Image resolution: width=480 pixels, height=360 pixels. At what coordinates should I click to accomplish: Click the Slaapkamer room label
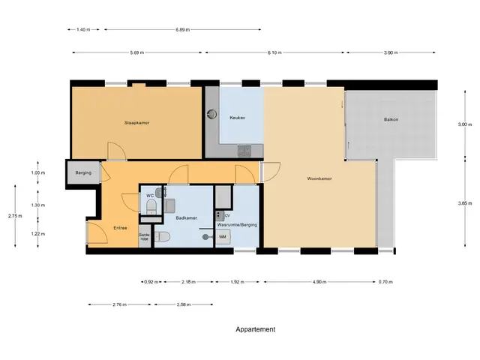[x=136, y=123]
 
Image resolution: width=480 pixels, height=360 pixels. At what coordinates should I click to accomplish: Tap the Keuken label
[x=237, y=118]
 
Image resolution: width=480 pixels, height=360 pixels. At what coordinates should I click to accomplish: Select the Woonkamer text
[x=319, y=178]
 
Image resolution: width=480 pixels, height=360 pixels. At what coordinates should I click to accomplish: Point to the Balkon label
[x=391, y=119]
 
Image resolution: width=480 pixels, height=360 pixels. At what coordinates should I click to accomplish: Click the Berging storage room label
[x=83, y=172]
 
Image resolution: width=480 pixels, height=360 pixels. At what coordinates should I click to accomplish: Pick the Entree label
[x=120, y=228]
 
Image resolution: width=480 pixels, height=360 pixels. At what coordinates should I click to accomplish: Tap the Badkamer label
[x=186, y=218]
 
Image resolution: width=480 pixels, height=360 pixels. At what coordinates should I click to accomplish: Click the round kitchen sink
[x=211, y=114]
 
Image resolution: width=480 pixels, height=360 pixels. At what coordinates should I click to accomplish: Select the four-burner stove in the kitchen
[x=244, y=151]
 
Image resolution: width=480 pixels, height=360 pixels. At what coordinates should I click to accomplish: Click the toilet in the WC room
[x=151, y=206]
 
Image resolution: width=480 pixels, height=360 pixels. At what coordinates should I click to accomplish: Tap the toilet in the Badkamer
[x=163, y=237]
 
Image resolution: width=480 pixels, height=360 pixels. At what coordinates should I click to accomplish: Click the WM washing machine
[x=223, y=237]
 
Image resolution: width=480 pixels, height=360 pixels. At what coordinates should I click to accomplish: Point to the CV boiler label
[x=227, y=216]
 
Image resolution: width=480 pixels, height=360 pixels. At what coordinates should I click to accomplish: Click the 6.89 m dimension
[x=182, y=30]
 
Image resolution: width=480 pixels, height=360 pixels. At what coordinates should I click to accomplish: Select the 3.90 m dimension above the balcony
[x=391, y=52]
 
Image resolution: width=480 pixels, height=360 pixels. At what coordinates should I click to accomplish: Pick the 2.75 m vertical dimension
[x=15, y=216]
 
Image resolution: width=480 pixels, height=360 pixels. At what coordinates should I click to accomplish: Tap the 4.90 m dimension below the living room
[x=319, y=282]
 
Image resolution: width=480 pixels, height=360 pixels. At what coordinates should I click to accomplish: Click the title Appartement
[x=255, y=329]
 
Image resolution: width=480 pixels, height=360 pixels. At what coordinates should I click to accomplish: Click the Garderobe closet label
[x=145, y=237]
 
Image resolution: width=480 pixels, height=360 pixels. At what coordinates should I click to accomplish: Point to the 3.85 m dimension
[x=465, y=203]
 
